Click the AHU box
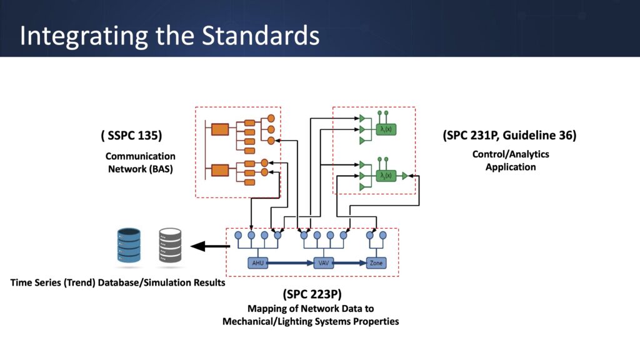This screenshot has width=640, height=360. (257, 263)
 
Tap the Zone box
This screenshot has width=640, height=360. (376, 263)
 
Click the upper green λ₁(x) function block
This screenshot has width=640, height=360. (386, 129)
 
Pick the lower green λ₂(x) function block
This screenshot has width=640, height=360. (386, 176)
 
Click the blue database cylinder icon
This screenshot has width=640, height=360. (129, 245)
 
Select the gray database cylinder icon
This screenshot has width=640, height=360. (169, 245)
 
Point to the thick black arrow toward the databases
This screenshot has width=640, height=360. (206, 246)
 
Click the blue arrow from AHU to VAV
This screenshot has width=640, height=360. (290, 263)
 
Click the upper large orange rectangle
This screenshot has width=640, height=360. (219, 129)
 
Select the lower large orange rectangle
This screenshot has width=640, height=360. (219, 169)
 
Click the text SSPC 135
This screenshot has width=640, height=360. (136, 136)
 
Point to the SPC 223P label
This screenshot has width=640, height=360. (313, 294)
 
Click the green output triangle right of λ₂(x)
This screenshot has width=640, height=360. (404, 176)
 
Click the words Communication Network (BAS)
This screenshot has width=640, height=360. (140, 162)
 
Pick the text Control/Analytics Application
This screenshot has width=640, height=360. (511, 161)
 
